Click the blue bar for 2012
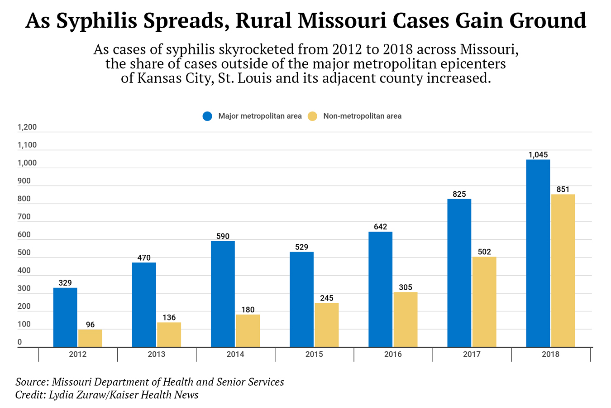[x=65, y=317]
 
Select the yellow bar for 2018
[x=563, y=271]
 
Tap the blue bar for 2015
[x=301, y=299]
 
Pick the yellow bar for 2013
[x=169, y=335]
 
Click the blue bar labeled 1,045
[x=538, y=253]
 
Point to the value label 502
[x=484, y=252]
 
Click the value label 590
[x=223, y=236]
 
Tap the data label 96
[x=90, y=325]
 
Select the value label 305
[x=406, y=287]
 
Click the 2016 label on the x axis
[x=393, y=355]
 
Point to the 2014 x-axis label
[x=235, y=355]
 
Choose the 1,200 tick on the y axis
[x=27, y=127]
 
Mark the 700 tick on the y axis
[x=24, y=217]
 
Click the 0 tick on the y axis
[x=19, y=342]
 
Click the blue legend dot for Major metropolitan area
[x=208, y=116]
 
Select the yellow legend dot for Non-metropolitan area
[x=312, y=116]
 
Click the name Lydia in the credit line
[x=60, y=395]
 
